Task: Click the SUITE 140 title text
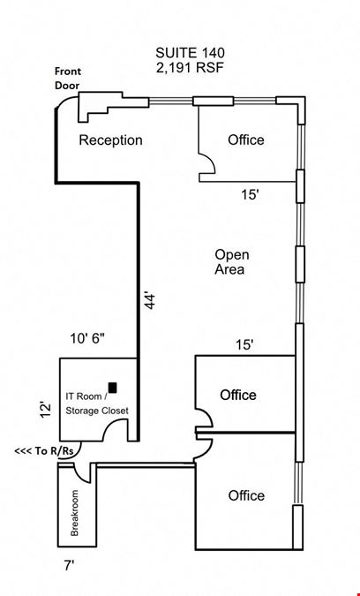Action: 190,52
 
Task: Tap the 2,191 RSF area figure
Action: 190,68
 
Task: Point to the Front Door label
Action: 68,78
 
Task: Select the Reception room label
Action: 110,140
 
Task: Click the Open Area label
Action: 232,262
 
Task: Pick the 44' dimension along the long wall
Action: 150,301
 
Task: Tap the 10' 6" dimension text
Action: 87,338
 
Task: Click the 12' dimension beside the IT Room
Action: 46,410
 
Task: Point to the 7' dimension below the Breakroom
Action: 69,566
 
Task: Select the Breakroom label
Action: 74,513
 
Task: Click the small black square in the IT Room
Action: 112,388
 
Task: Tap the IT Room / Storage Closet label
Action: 97,404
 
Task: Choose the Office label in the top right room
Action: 245,140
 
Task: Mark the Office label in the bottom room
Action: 246,495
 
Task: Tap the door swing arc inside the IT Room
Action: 112,424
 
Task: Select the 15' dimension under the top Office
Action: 250,195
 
